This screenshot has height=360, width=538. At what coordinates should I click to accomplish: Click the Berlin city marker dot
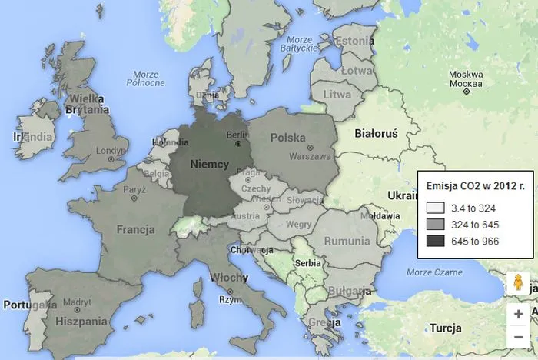(238, 143)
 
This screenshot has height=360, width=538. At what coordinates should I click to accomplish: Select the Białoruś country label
(376, 133)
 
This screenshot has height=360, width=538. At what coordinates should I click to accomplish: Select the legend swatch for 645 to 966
(434, 242)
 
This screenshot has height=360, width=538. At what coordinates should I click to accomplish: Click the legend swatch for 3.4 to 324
(434, 208)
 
